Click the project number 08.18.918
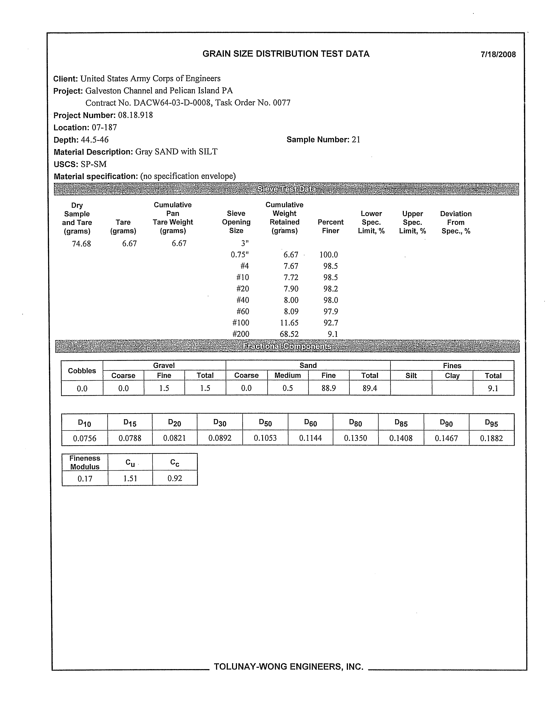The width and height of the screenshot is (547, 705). coord(135,115)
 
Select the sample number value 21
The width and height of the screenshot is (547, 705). coord(356,140)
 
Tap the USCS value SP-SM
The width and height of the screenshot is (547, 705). coord(93,164)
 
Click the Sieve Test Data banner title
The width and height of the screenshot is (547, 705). coord(286,189)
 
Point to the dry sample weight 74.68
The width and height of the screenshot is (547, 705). coord(81,244)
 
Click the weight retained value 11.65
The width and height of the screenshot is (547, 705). coord(289,323)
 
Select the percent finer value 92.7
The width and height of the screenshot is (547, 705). coord(331,323)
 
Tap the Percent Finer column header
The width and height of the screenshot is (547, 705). coord(330,226)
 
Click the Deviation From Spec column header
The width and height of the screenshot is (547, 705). coord(456,222)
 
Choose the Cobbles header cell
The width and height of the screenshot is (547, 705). coord(82,371)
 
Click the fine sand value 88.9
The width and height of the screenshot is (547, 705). coord(329,388)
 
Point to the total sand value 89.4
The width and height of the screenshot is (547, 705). coord(370,388)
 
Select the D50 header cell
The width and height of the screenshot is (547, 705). coord(265,423)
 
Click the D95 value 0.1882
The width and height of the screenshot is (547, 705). coord(491,438)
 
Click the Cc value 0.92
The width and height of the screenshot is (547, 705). coord(175,478)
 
